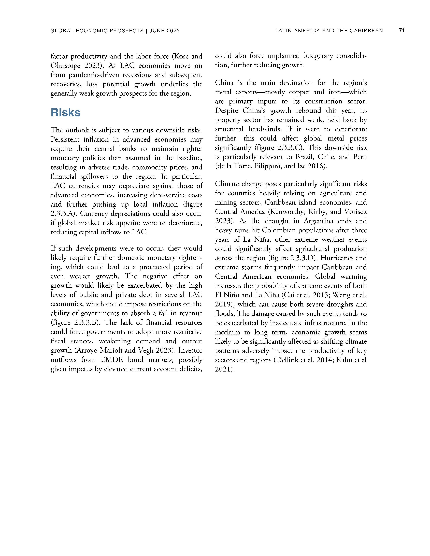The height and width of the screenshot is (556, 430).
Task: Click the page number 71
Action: tap(402, 30)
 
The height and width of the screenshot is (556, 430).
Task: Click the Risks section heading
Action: tap(65, 113)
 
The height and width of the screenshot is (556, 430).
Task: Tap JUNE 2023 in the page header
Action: tap(165, 31)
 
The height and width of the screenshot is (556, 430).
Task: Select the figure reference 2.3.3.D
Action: tap(301, 258)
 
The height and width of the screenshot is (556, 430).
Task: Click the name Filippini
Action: tap(268, 166)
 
